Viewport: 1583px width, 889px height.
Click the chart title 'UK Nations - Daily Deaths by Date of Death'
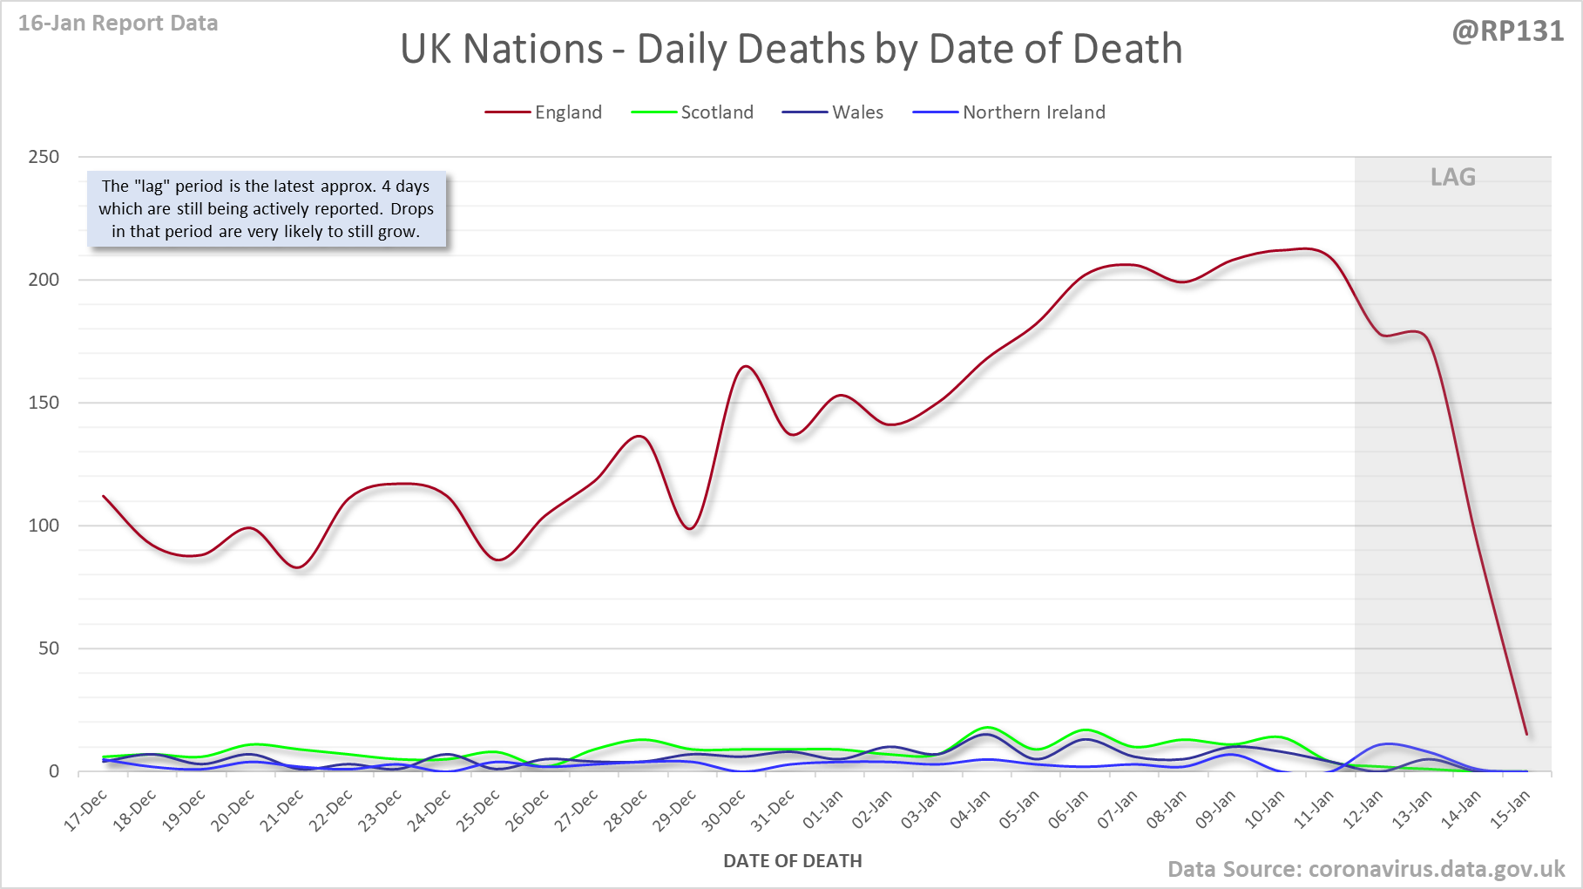click(791, 49)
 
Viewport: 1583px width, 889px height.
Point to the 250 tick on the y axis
click(44, 157)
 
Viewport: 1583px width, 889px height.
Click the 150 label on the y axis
click(44, 403)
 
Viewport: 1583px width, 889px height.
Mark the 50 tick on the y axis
click(49, 648)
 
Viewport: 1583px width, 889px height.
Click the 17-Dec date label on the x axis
click(86, 810)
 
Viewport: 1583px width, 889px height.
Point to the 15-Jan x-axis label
click(1511, 810)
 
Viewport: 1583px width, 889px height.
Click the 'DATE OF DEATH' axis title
click(792, 861)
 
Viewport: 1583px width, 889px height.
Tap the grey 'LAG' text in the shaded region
click(1452, 178)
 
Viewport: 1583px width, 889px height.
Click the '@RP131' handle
click(1507, 31)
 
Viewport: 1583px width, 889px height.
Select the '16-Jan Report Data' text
click(118, 24)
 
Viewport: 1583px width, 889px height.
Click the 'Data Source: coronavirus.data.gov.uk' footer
click(1365, 869)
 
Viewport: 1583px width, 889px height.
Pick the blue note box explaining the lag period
click(267, 209)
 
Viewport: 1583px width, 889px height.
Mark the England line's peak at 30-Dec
click(746, 366)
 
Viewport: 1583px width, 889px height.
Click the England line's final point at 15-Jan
click(1526, 734)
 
